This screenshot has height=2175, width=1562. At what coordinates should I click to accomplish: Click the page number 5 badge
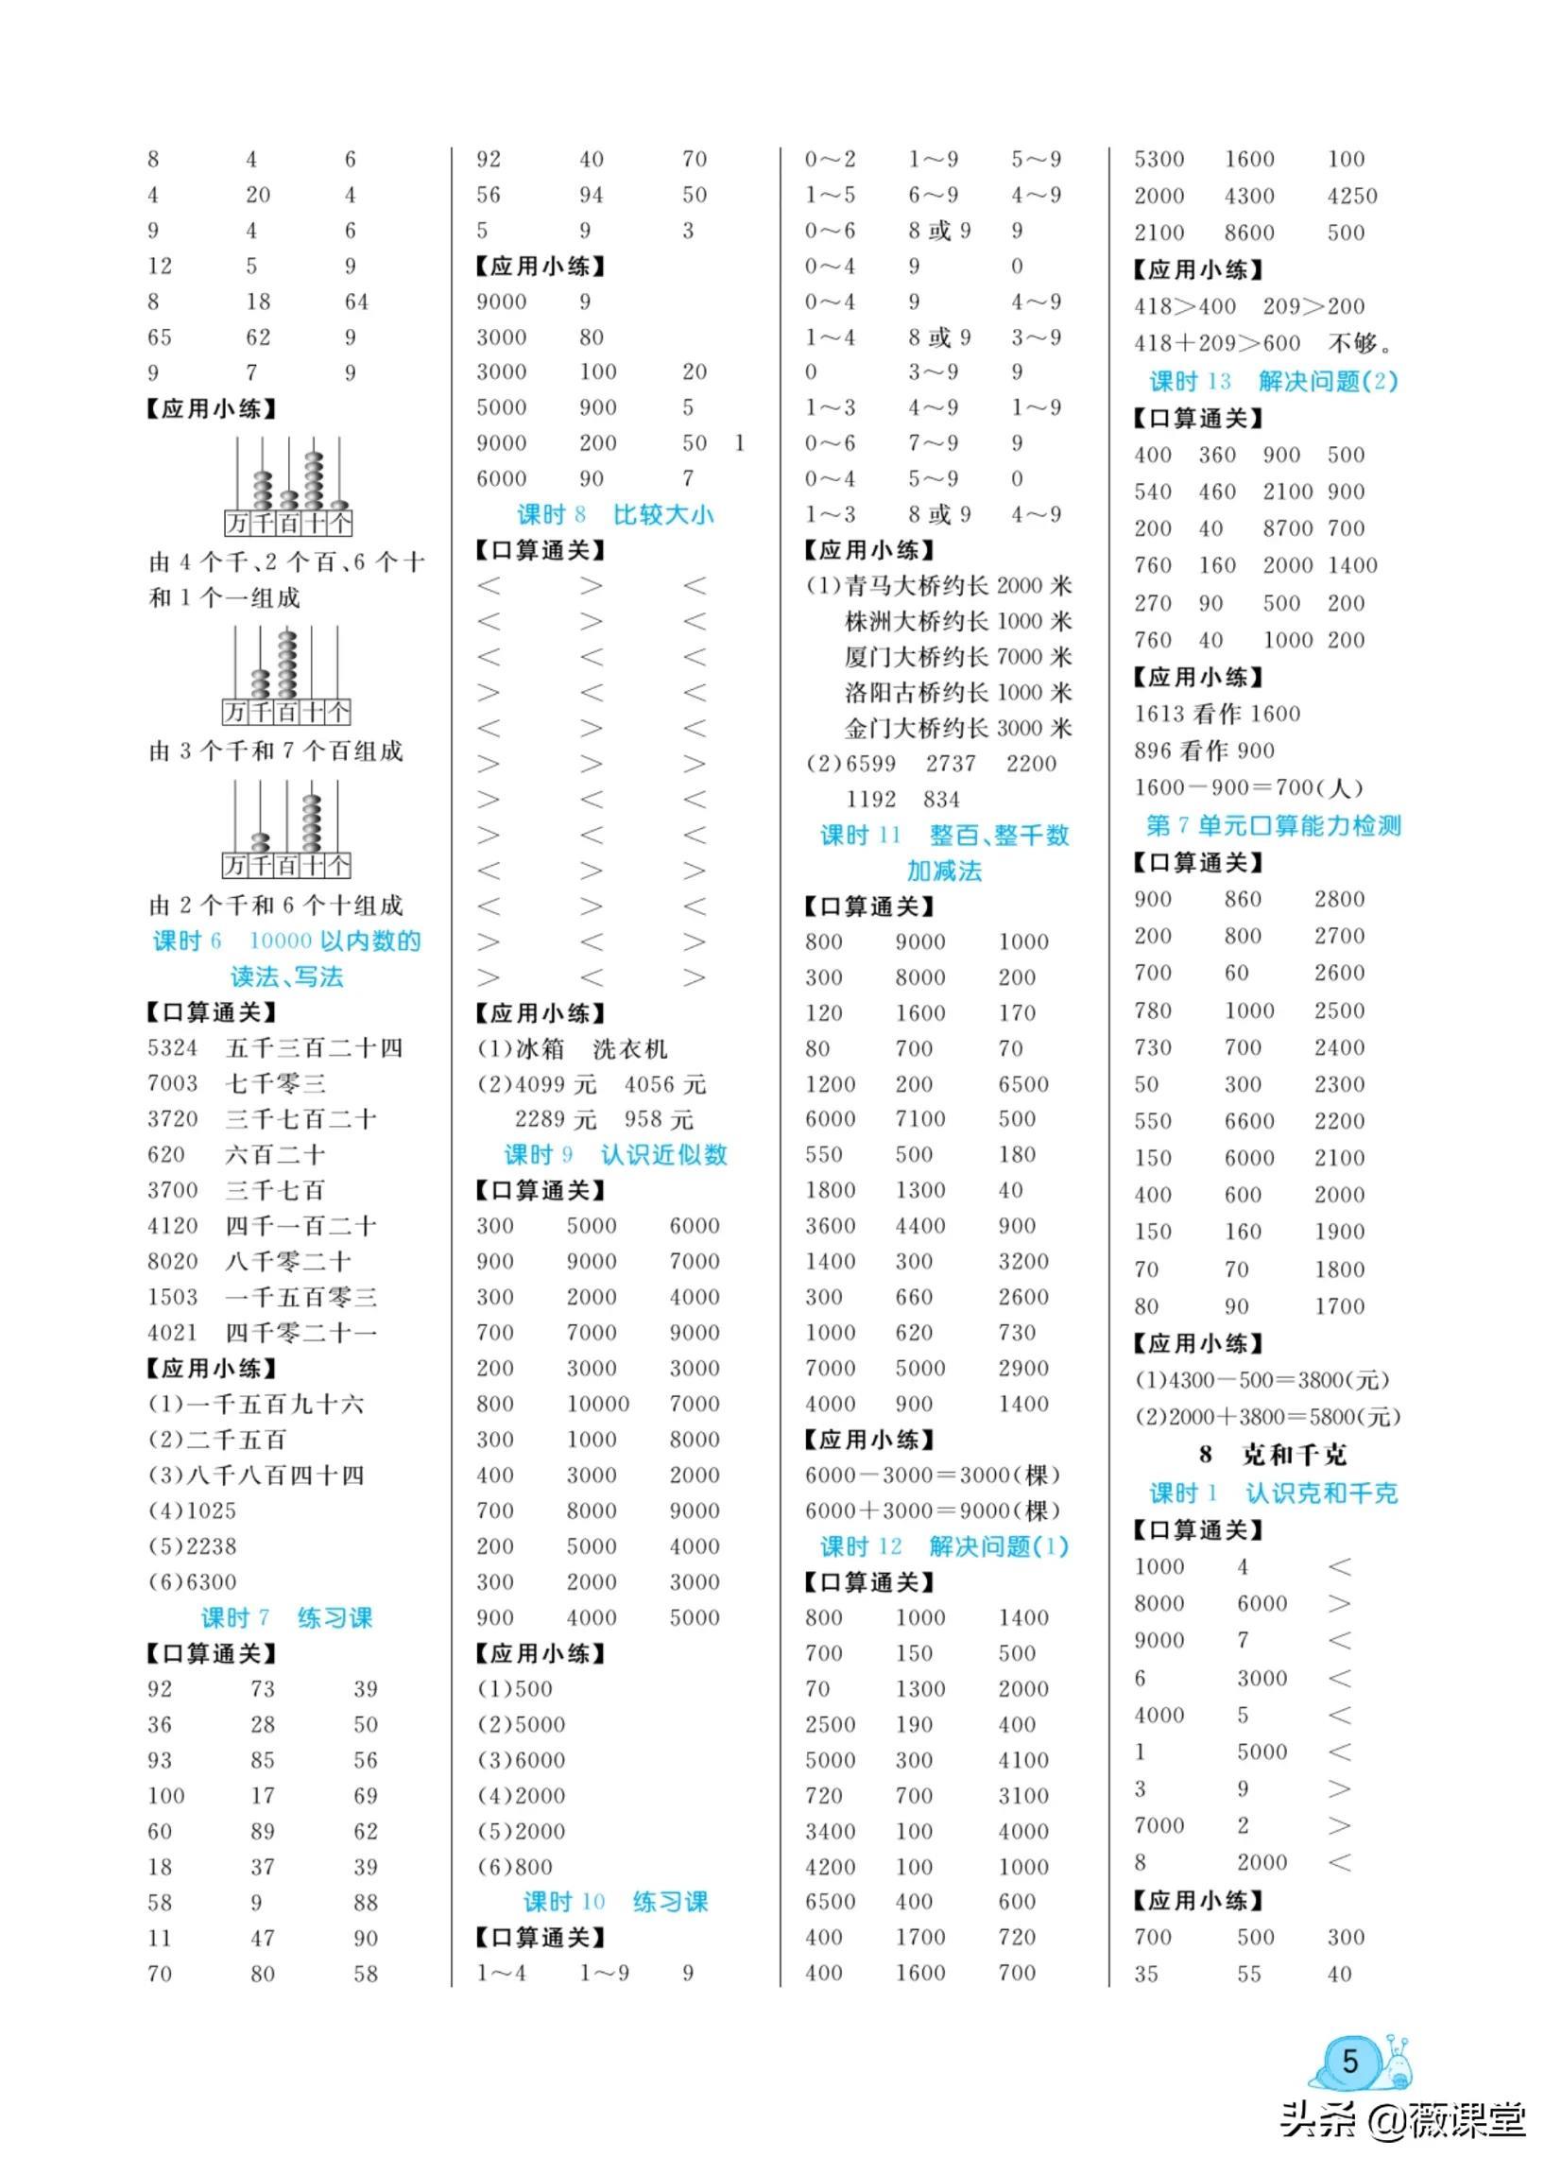point(1350,2061)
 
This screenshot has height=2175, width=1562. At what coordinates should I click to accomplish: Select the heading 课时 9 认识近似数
point(615,1155)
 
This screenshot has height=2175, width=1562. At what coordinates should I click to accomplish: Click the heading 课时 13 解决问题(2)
point(1274,382)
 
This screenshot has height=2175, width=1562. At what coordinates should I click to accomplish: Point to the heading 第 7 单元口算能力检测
point(1274,826)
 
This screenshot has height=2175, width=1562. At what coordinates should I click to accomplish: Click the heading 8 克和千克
point(1274,1455)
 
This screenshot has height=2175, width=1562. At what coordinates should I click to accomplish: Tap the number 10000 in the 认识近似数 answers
point(597,1404)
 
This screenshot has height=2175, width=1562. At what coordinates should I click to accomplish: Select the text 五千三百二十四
point(314,1048)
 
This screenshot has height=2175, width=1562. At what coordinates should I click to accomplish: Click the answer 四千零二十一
point(301,1333)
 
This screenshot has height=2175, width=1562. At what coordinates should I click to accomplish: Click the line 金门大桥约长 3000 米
point(958,729)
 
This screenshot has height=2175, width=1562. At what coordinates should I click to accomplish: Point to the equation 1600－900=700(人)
point(1247,788)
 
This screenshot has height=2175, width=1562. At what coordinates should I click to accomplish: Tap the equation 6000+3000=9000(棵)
point(933,1510)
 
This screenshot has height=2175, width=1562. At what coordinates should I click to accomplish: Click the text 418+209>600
point(1217,343)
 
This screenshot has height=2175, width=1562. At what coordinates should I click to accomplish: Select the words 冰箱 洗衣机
point(591,1049)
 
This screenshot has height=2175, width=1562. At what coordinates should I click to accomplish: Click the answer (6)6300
point(192,1582)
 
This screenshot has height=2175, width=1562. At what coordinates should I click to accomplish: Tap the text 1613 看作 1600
point(1217,715)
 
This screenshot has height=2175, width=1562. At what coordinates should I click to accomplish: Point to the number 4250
point(1352,197)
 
